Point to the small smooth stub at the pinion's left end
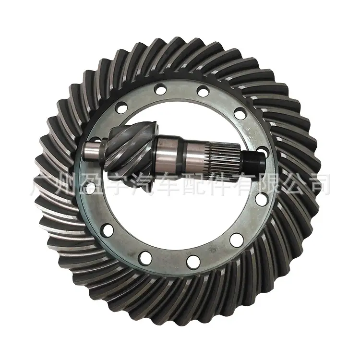[92, 152]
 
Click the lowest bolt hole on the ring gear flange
[193, 262]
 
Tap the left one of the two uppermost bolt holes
[161, 89]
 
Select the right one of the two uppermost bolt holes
[203, 90]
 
